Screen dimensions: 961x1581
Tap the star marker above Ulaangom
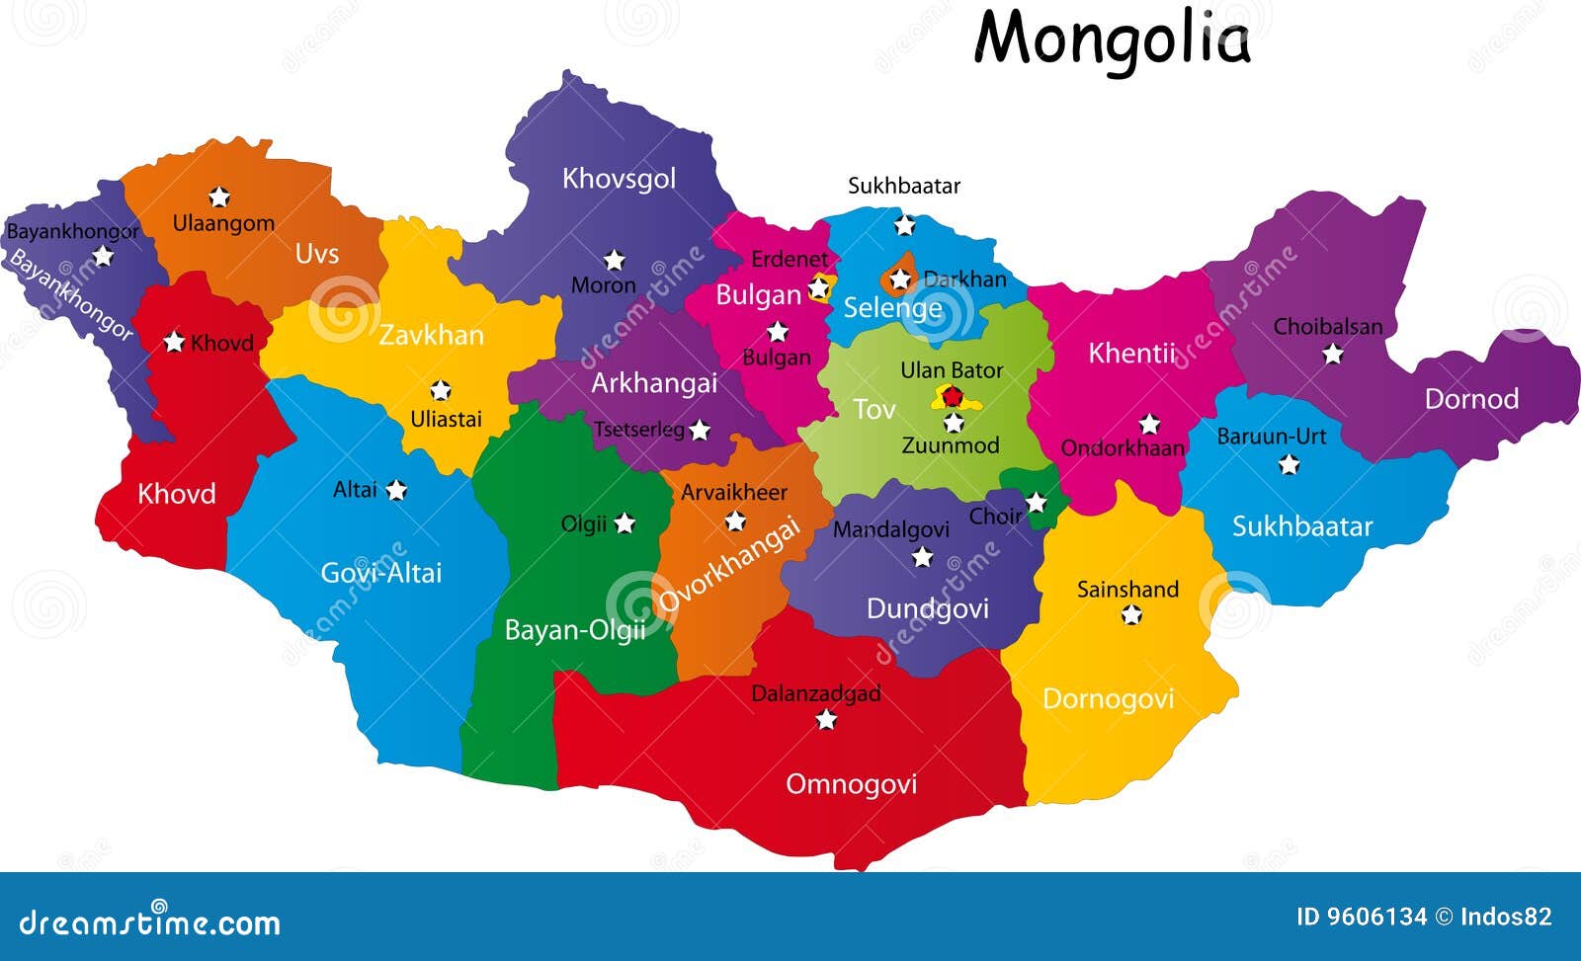[x=218, y=197]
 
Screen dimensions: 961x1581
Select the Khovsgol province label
[x=619, y=179]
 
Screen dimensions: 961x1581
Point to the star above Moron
[x=615, y=260]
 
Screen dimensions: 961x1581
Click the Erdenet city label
[x=790, y=259]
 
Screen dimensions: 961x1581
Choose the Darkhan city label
[x=964, y=280]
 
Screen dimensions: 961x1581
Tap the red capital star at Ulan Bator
[x=952, y=397]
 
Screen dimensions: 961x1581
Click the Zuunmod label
[x=951, y=445]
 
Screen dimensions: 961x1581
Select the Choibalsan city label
[x=1328, y=326]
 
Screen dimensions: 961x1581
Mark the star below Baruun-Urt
[x=1289, y=464]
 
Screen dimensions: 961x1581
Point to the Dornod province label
[x=1471, y=399]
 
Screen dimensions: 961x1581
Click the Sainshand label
[x=1127, y=590]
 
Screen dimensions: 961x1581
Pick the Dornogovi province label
[x=1108, y=699]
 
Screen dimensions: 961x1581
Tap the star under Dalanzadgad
[x=826, y=720]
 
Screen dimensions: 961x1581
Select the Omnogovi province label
[x=851, y=784]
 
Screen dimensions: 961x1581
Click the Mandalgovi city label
[x=890, y=529]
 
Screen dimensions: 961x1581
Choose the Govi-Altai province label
[x=380, y=573]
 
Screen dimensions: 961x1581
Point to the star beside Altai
[x=396, y=490]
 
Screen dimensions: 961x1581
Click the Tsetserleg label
[x=638, y=430]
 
